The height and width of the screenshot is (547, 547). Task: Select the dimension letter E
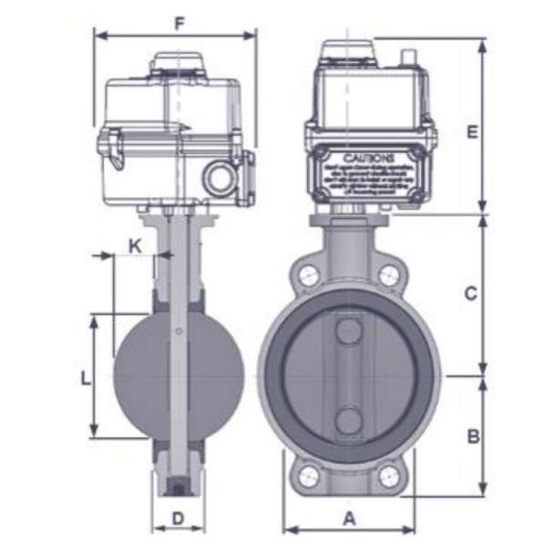click(471, 132)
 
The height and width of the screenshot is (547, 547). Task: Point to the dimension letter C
click(470, 294)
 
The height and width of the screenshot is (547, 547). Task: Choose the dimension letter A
click(348, 520)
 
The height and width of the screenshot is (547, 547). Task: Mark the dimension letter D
click(179, 520)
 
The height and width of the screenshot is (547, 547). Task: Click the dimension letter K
click(135, 245)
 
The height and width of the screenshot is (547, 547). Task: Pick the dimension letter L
click(84, 377)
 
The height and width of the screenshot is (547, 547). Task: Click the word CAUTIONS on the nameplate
click(368, 158)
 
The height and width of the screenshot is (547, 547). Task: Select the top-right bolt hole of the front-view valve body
click(389, 273)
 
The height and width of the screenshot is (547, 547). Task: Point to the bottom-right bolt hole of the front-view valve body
click(389, 475)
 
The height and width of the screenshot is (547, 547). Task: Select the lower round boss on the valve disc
click(348, 420)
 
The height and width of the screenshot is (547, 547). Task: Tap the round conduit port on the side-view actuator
click(220, 178)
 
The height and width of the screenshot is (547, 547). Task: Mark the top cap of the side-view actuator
click(179, 62)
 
